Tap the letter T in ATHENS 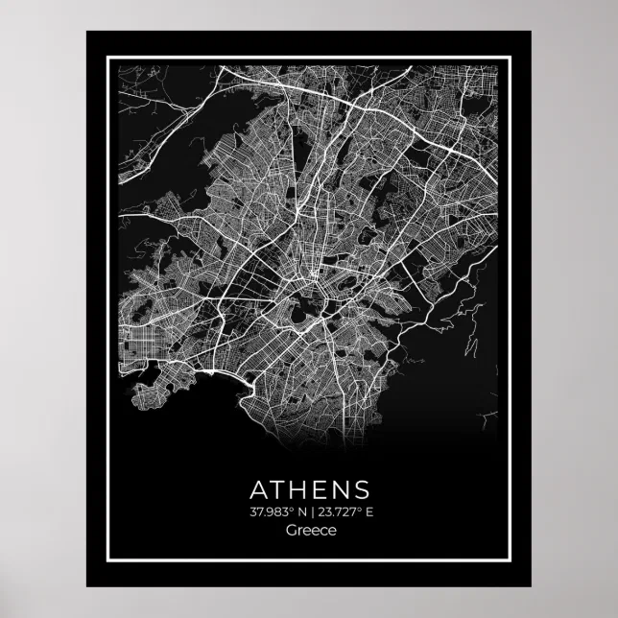pos(279,488)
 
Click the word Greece pos(309,531)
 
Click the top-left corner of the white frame pos(107,58)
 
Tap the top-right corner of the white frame pos(511,58)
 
